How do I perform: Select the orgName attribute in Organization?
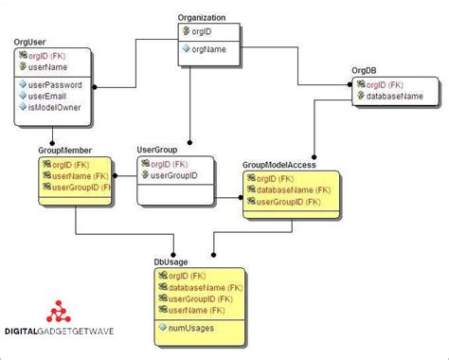coord(209,49)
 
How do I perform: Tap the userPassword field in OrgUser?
coord(54,85)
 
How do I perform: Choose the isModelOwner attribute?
coord(54,108)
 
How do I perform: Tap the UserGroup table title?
coord(157,150)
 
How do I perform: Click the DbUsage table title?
coord(171,260)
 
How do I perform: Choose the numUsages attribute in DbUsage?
coord(192,328)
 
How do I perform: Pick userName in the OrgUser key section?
coord(47,68)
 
